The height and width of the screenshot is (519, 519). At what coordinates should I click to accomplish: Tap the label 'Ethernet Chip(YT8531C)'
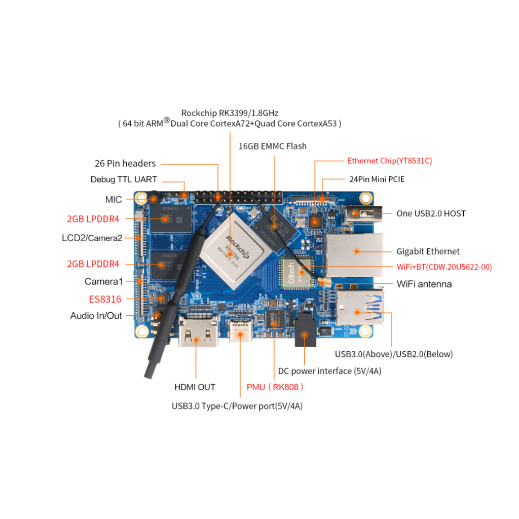389,161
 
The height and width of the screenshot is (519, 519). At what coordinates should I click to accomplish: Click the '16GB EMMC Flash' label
272,146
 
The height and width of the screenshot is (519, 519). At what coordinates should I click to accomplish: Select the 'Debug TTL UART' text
124,179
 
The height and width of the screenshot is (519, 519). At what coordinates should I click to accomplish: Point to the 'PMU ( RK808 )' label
275,387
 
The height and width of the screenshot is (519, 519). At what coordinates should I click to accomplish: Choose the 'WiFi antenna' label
424,284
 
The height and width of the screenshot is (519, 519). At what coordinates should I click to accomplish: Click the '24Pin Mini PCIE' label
377,179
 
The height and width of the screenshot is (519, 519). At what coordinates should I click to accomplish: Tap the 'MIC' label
114,199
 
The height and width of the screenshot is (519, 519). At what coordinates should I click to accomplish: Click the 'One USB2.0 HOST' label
431,213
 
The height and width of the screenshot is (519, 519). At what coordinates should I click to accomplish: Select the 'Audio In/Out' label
96,316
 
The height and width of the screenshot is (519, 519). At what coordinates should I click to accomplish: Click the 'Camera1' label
104,281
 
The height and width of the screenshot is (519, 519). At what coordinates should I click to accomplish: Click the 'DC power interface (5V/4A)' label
329,371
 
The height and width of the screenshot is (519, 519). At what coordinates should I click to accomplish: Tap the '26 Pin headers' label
125,164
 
